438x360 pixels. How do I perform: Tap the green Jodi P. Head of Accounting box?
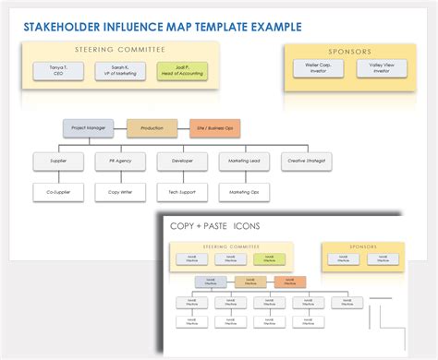[183, 71]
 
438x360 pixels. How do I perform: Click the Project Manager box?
[88, 129]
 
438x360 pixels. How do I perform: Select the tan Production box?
[152, 129]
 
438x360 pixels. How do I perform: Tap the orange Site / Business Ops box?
[215, 129]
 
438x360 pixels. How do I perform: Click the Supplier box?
[56, 161]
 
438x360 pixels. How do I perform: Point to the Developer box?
[182, 161]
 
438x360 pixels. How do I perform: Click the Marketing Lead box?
[244, 161]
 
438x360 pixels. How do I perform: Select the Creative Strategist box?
[307, 161]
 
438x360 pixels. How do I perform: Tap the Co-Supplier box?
[56, 192]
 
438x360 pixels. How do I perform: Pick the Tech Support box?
[182, 192]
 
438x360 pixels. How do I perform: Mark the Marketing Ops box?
[244, 192]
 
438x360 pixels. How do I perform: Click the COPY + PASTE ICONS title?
[214, 225]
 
